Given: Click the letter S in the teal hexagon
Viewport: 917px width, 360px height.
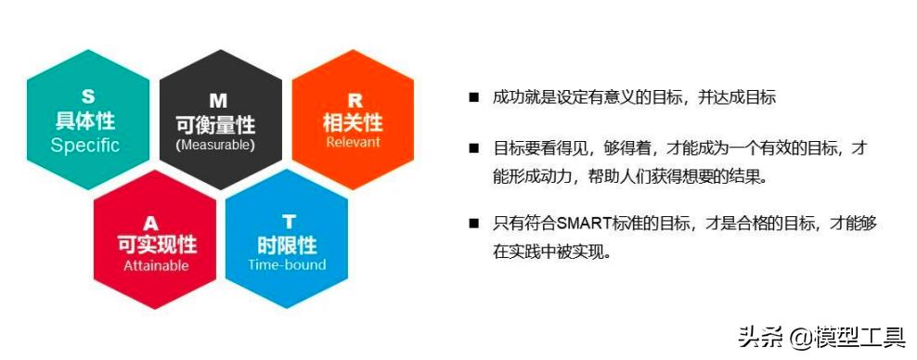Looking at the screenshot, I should (x=87, y=96).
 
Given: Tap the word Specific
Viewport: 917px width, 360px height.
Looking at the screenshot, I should (x=85, y=145).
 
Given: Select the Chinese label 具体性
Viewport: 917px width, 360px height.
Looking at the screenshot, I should (x=86, y=121).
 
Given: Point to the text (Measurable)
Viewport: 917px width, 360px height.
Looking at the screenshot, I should (x=216, y=145).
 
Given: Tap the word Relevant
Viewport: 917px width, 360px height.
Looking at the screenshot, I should (x=353, y=143).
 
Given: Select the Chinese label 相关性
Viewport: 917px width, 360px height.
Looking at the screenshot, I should (x=353, y=122).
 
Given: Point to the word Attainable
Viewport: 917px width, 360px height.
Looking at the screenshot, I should (x=156, y=265).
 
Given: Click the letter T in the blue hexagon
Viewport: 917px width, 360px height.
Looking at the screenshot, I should (x=288, y=221).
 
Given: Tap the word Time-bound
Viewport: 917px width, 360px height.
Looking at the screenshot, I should (x=287, y=264).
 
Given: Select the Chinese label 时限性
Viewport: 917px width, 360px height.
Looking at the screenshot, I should (x=287, y=244).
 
